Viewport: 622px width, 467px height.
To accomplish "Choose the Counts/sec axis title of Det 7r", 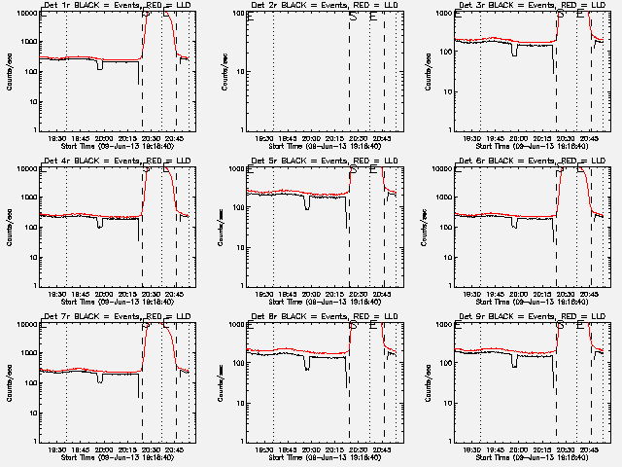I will pos(9,381).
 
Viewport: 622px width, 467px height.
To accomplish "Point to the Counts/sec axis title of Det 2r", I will pos(217,70).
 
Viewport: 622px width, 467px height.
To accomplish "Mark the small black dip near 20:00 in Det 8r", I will pos(307,364).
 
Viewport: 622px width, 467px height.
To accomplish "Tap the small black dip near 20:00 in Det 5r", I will pos(307,204).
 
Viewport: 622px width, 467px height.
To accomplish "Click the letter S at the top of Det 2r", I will pos(353,17).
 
